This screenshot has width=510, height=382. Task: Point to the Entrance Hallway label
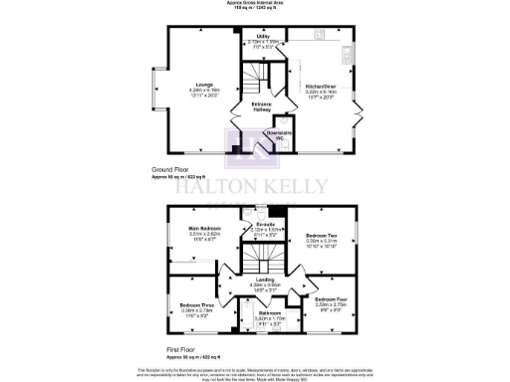(x=262, y=106)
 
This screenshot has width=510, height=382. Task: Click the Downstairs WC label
(x=280, y=133)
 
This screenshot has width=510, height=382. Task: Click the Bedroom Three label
(x=196, y=304)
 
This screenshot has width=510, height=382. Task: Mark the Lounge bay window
(x=150, y=91)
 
